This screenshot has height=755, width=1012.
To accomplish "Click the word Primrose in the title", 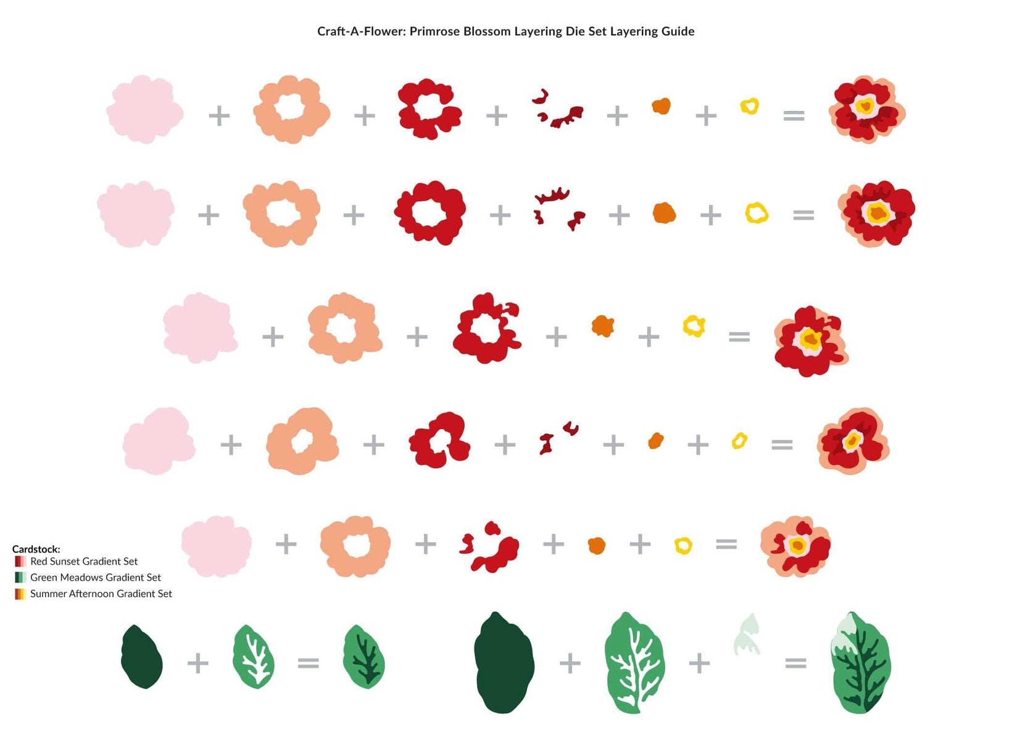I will point(434,31).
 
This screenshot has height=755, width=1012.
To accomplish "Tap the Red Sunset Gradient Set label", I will point(84,561).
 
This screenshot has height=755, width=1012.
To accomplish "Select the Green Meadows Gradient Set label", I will point(96,577).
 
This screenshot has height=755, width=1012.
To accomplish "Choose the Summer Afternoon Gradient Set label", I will point(101,593).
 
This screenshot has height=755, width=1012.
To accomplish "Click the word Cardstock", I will point(36,549).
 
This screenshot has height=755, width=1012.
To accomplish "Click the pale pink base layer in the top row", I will point(144,110).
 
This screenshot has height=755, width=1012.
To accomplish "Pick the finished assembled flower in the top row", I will point(866,110).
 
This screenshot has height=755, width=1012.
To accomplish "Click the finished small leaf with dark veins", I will point(363,657).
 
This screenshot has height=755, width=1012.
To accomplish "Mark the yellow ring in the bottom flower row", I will point(683,546).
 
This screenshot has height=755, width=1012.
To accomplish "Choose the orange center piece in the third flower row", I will point(602,326).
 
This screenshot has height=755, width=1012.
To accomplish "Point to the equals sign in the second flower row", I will point(803,215).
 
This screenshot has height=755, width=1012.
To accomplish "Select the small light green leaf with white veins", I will point(254,657).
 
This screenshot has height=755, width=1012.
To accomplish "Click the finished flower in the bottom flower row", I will point(795,546).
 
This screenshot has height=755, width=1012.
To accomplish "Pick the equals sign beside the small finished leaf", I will point(308,663).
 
